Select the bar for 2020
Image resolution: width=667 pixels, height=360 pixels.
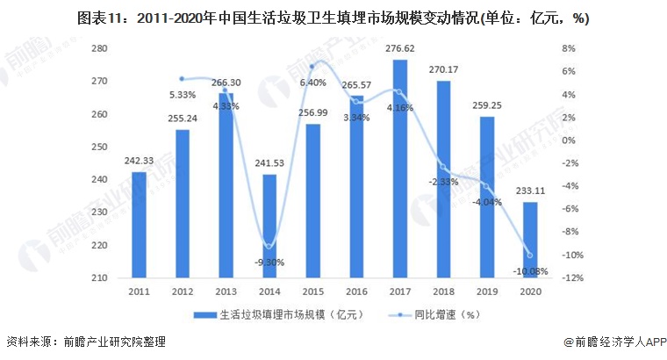pos(529,240)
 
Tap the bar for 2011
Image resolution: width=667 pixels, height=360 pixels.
pos(139,225)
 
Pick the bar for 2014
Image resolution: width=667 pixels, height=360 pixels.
pos(269,226)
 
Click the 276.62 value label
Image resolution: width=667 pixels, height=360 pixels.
pos(400,51)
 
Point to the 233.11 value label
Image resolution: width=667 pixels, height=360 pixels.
pos(530,194)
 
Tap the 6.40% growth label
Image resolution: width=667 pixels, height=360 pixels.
pos(313,83)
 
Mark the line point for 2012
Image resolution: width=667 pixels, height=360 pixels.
pos(182,79)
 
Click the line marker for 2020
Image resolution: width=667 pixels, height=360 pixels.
pos(529,256)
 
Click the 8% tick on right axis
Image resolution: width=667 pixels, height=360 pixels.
pos(569,48)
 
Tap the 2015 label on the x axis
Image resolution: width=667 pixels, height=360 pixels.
pos(313,292)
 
